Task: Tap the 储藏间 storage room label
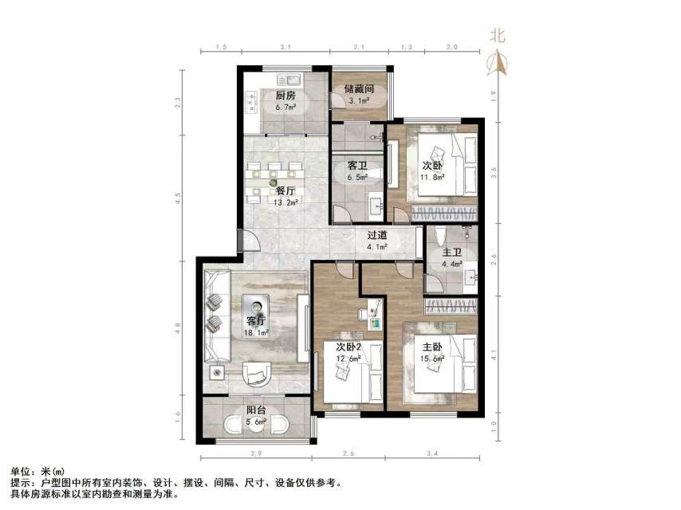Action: pos(360,88)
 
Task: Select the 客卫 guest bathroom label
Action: pos(356,167)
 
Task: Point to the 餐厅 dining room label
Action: pos(286,191)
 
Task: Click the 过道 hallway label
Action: pos(377,235)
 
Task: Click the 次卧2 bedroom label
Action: pos(349,347)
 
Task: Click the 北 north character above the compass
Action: pos(498,35)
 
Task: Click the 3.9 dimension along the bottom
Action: pos(255,454)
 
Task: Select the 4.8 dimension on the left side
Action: pos(178,328)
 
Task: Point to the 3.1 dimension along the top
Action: pos(284,48)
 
